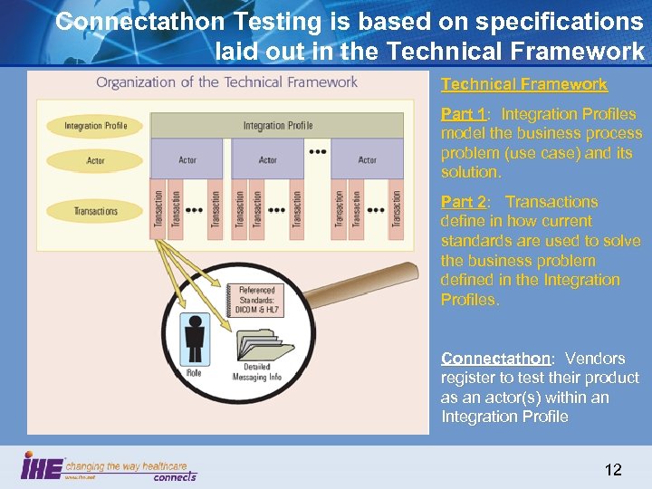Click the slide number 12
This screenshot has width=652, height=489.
[x=613, y=469]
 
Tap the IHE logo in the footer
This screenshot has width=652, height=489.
[x=43, y=467]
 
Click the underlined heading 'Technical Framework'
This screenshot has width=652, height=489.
[x=523, y=84]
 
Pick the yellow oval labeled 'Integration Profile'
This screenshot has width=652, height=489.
[x=95, y=125]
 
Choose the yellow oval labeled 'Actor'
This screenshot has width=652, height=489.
[x=95, y=160]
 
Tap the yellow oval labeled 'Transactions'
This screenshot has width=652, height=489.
[x=95, y=211]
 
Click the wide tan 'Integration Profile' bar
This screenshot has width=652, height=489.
[x=277, y=125]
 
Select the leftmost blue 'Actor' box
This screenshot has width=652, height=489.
[x=187, y=159]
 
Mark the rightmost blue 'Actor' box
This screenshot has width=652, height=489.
[x=367, y=159]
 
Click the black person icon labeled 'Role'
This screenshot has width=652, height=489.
[x=194, y=338]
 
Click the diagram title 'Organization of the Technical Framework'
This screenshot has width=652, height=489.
[x=226, y=82]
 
